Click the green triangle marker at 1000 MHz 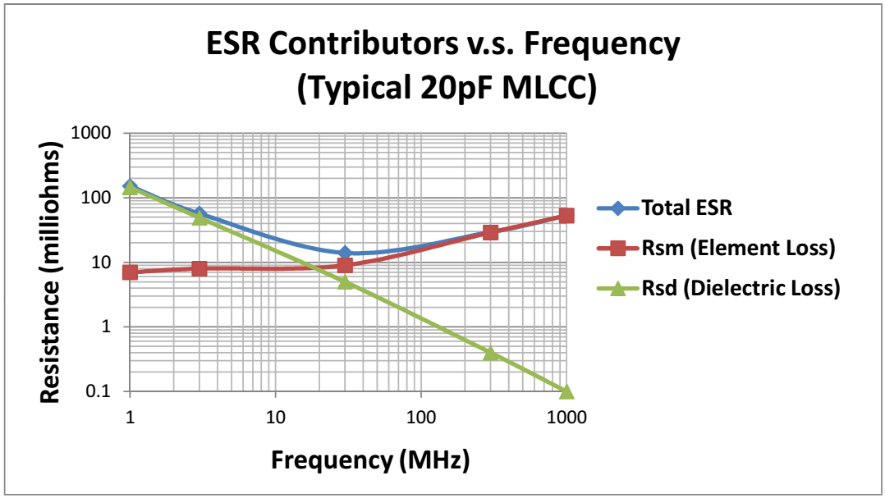(566, 391)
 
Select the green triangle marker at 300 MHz (490, 353)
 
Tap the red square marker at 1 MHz (130, 272)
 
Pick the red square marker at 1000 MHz (566, 216)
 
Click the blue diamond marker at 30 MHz (345, 254)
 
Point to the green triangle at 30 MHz (345, 281)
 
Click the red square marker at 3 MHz (199, 268)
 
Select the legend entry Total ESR (686, 208)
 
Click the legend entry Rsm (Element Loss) (736, 248)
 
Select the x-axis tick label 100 (421, 417)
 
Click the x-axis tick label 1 (130, 417)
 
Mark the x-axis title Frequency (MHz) (371, 459)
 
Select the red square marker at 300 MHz (490, 232)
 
